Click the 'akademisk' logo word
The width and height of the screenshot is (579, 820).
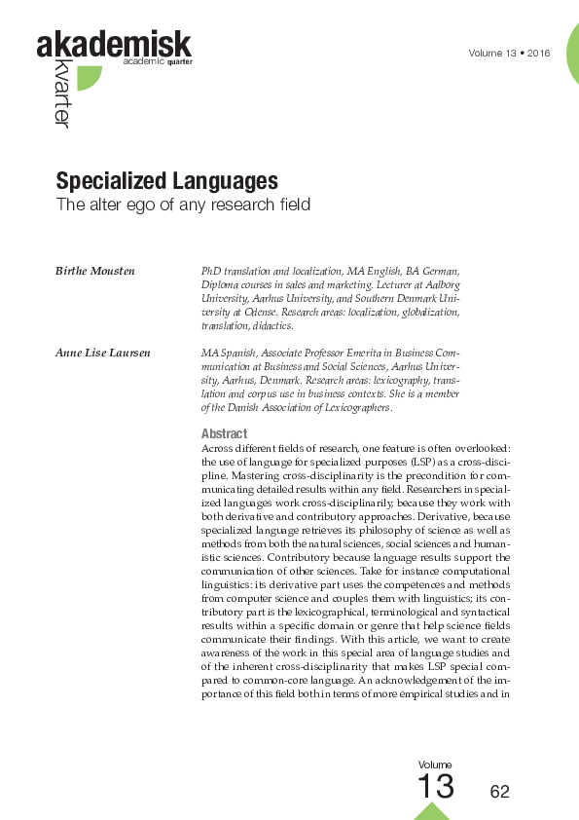pyautogui.click(x=114, y=45)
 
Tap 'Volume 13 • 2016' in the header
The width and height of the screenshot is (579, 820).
pyautogui.click(x=509, y=53)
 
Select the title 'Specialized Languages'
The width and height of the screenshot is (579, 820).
pyautogui.click(x=166, y=181)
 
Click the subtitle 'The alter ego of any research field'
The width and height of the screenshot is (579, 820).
pyautogui.click(x=182, y=205)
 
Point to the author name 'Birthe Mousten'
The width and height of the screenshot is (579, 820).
pyautogui.click(x=95, y=269)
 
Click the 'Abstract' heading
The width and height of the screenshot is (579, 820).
pyautogui.click(x=224, y=433)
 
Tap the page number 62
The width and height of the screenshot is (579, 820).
pyautogui.click(x=499, y=792)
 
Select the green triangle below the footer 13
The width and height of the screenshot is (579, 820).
pyautogui.click(x=432, y=811)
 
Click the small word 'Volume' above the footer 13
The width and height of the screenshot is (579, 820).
pyautogui.click(x=435, y=765)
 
